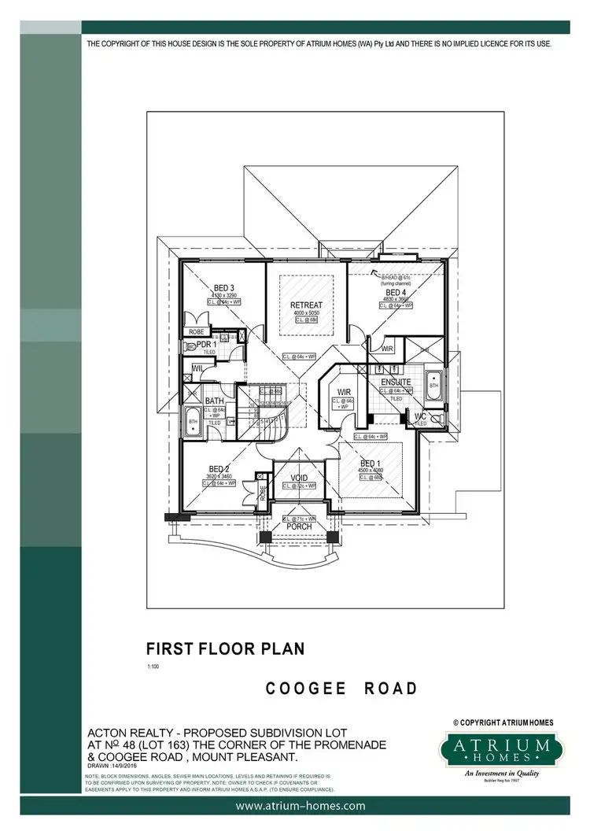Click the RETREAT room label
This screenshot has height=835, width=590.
point(306,305)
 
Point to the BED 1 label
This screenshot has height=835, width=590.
point(371,464)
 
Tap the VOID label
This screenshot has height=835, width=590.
point(300,477)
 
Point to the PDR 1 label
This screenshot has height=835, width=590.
point(206,345)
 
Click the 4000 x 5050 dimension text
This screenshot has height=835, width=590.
point(306,313)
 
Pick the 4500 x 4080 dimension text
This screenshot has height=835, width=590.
point(371,471)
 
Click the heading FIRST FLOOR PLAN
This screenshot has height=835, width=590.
point(224,649)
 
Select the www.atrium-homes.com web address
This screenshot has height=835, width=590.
point(301,806)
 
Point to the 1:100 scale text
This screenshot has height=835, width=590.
point(153,667)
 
